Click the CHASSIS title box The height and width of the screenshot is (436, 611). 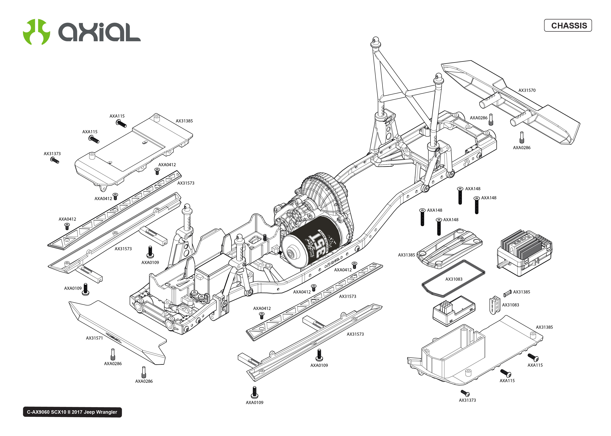[x=568, y=26]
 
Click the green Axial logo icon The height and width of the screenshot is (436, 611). [x=36, y=32]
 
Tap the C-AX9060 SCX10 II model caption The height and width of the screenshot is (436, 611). [x=72, y=412]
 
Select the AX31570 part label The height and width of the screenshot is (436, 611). [x=527, y=90]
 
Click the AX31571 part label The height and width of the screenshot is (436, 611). [x=94, y=338]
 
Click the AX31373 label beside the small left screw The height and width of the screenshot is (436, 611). [x=52, y=154]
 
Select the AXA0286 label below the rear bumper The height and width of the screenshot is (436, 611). [x=522, y=148]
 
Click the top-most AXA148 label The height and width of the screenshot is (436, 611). [x=473, y=189]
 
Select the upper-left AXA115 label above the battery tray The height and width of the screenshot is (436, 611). [x=117, y=116]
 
